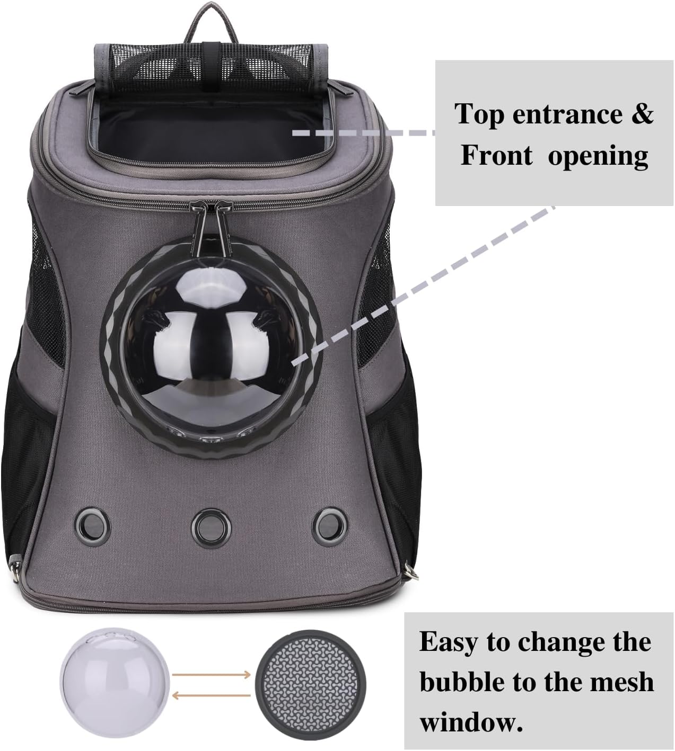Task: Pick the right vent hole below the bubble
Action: coord(325,522)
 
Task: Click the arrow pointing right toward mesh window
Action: coord(212,674)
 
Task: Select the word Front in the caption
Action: coord(496,156)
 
